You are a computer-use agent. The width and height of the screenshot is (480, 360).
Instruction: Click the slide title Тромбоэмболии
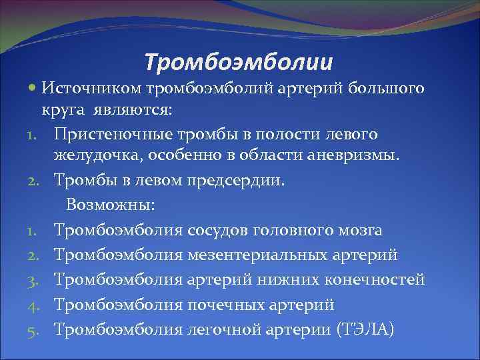(x=239, y=63)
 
